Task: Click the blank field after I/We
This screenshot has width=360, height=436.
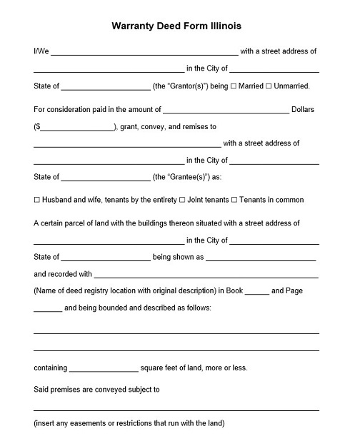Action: (144, 52)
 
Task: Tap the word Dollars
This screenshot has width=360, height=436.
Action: (303, 110)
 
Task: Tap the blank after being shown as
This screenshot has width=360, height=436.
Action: (261, 258)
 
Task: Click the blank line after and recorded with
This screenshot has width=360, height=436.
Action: (206, 275)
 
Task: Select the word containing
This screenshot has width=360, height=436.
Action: (50, 369)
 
